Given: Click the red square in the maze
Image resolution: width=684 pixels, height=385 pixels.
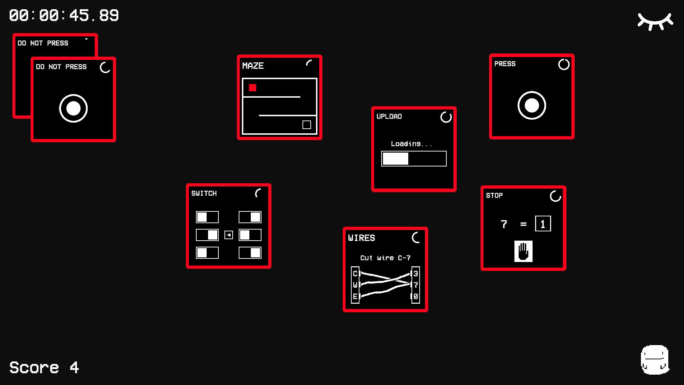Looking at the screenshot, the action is click(253, 88).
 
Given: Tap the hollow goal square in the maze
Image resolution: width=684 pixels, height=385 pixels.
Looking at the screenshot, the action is click(307, 125).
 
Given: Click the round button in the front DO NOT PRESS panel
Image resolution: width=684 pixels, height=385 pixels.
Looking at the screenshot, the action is click(73, 108).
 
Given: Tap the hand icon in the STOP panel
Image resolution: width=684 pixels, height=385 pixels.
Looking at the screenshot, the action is click(523, 251).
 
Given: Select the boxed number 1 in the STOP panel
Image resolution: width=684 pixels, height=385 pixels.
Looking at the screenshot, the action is click(543, 224).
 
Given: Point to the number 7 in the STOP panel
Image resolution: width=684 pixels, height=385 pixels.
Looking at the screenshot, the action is click(504, 224).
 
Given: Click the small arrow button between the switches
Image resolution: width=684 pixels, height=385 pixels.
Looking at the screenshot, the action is click(229, 235).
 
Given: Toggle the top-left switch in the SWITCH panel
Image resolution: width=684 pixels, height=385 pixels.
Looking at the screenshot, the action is click(207, 217).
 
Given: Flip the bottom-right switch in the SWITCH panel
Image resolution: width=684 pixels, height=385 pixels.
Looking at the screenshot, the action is click(250, 253).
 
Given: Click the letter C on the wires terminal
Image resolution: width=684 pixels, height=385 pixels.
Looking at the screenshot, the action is click(355, 274).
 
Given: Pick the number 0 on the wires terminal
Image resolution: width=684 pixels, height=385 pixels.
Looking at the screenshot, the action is click(416, 297).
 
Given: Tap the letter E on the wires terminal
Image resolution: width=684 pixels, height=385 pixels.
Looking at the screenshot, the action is click(355, 297).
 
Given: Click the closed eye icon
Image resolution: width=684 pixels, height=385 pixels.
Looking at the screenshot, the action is click(655, 21).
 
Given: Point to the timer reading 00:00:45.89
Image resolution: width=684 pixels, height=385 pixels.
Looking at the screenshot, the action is click(64, 16).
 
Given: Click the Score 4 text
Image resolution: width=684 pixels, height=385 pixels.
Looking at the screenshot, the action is click(44, 368).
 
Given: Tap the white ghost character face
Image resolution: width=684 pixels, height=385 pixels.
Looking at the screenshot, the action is click(655, 360).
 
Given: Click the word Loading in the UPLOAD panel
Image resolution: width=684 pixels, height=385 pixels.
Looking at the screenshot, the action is click(406, 144).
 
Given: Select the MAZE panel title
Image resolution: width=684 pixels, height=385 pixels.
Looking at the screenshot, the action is click(253, 66).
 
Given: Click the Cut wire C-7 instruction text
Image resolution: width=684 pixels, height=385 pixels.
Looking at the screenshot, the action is click(385, 258).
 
